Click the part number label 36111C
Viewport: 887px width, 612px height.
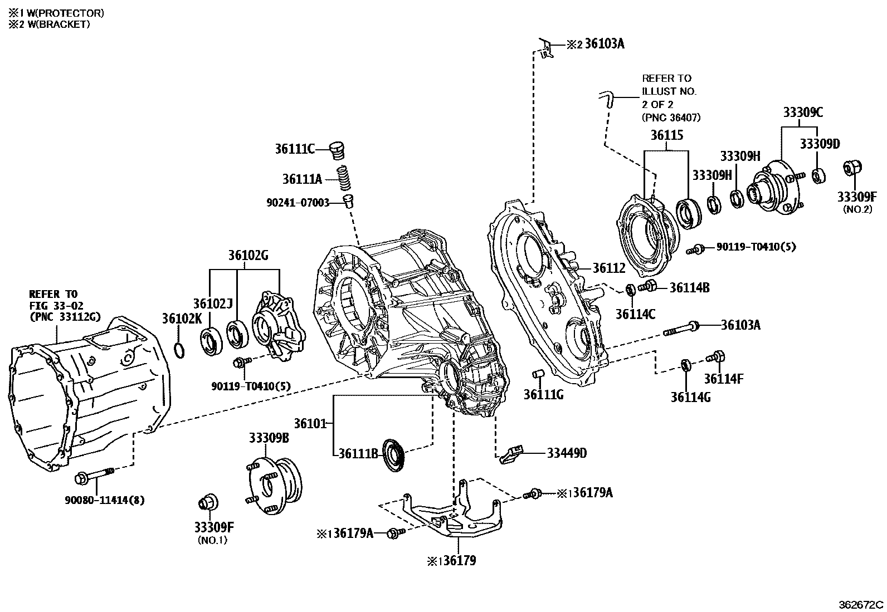[295, 149]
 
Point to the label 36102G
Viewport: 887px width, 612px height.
[248, 256]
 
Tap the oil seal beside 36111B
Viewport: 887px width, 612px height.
[394, 456]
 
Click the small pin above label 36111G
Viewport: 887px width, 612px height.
[537, 373]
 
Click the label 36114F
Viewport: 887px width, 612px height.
[723, 379]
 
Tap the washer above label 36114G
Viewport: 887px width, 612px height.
[686, 365]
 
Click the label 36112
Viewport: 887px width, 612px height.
[608, 268]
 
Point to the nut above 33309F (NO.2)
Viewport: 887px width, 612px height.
[853, 168]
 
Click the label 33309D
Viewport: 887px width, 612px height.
[819, 144]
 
